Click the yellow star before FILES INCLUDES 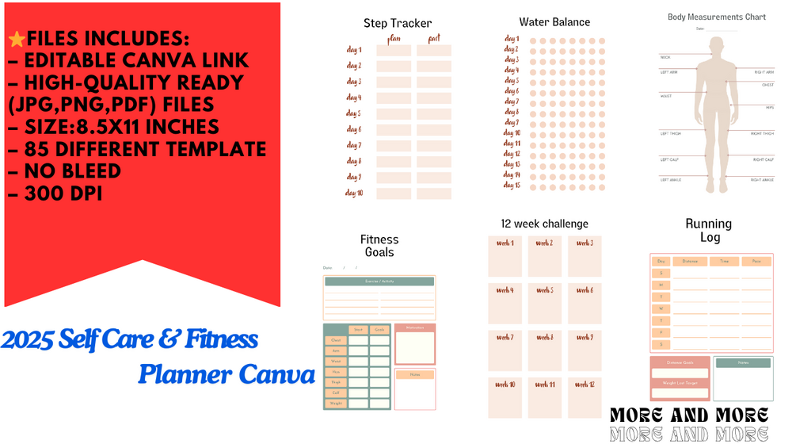point(15,38)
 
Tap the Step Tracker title point(398,23)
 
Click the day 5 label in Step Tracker point(353,113)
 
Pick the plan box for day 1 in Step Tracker point(394,51)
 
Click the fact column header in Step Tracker point(433,37)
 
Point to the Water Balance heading point(554,22)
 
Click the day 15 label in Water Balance point(512,185)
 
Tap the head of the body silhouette point(716,45)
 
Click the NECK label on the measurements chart point(665,57)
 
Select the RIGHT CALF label point(763,159)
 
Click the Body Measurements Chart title point(716,17)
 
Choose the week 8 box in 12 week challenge point(545,350)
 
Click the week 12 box point(585,397)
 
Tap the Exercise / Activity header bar point(379,281)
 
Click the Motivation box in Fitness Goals point(415,343)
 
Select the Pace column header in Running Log point(756,261)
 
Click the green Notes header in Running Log point(743,363)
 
